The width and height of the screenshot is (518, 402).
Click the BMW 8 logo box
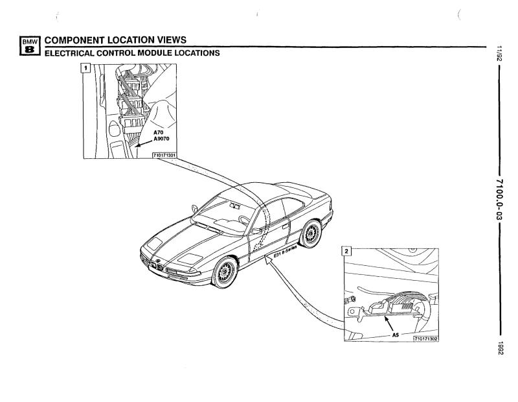tap(30, 45)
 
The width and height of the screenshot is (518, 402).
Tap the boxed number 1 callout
tap(86, 69)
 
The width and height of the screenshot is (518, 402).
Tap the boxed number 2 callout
tap(346, 251)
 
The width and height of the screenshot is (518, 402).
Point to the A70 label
tap(158, 132)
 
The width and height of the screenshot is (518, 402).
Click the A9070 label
tap(161, 139)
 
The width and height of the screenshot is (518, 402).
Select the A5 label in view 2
tap(396, 335)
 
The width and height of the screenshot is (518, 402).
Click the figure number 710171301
tap(164, 155)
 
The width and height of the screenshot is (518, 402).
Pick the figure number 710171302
tap(426, 338)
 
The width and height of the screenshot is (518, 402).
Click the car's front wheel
tap(225, 272)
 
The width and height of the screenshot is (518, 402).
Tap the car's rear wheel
tap(310, 233)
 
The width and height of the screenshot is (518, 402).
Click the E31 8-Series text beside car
tap(286, 251)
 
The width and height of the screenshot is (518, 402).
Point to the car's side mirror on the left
tap(195, 209)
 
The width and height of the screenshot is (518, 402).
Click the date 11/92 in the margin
tap(499, 54)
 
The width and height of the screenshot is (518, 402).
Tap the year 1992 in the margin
tap(500, 348)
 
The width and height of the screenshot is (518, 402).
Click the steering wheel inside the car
tap(244, 220)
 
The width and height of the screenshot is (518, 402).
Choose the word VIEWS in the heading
tap(172, 40)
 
